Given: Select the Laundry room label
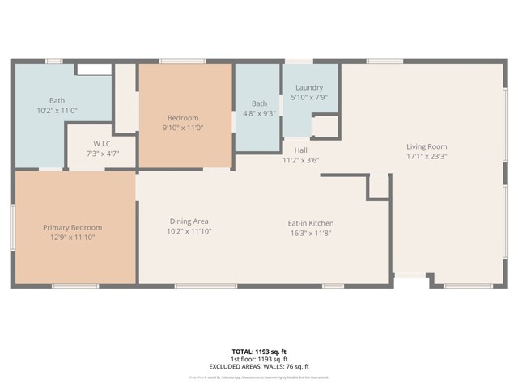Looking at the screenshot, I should pyautogui.click(x=309, y=87).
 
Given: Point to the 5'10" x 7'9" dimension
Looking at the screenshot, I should pyautogui.click(x=309, y=98).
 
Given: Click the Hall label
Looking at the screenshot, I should pyautogui.click(x=300, y=150).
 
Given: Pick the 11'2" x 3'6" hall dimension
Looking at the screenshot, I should pyautogui.click(x=300, y=160).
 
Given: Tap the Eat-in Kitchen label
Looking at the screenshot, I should pyautogui.click(x=311, y=223).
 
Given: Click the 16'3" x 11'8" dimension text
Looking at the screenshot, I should pyautogui.click(x=311, y=234).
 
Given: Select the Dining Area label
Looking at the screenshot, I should pyautogui.click(x=189, y=221).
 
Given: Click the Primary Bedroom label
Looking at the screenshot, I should pyautogui.click(x=73, y=227).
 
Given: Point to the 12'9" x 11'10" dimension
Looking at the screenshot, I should pyautogui.click(x=73, y=238).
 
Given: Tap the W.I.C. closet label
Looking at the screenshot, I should pyautogui.click(x=102, y=142).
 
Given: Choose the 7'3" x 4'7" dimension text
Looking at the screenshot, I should pyautogui.click(x=102, y=153).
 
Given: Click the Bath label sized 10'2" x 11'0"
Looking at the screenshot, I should pyautogui.click(x=57, y=100).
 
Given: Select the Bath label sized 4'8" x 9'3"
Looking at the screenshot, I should pyautogui.click(x=259, y=103).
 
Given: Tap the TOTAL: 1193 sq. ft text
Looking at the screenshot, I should pyautogui.click(x=259, y=352).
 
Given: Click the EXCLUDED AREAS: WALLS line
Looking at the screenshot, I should pyautogui.click(x=259, y=366).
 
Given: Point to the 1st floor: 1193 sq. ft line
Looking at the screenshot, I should pyautogui.click(x=259, y=360).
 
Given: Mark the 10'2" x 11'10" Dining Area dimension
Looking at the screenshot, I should pyautogui.click(x=189, y=231).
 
